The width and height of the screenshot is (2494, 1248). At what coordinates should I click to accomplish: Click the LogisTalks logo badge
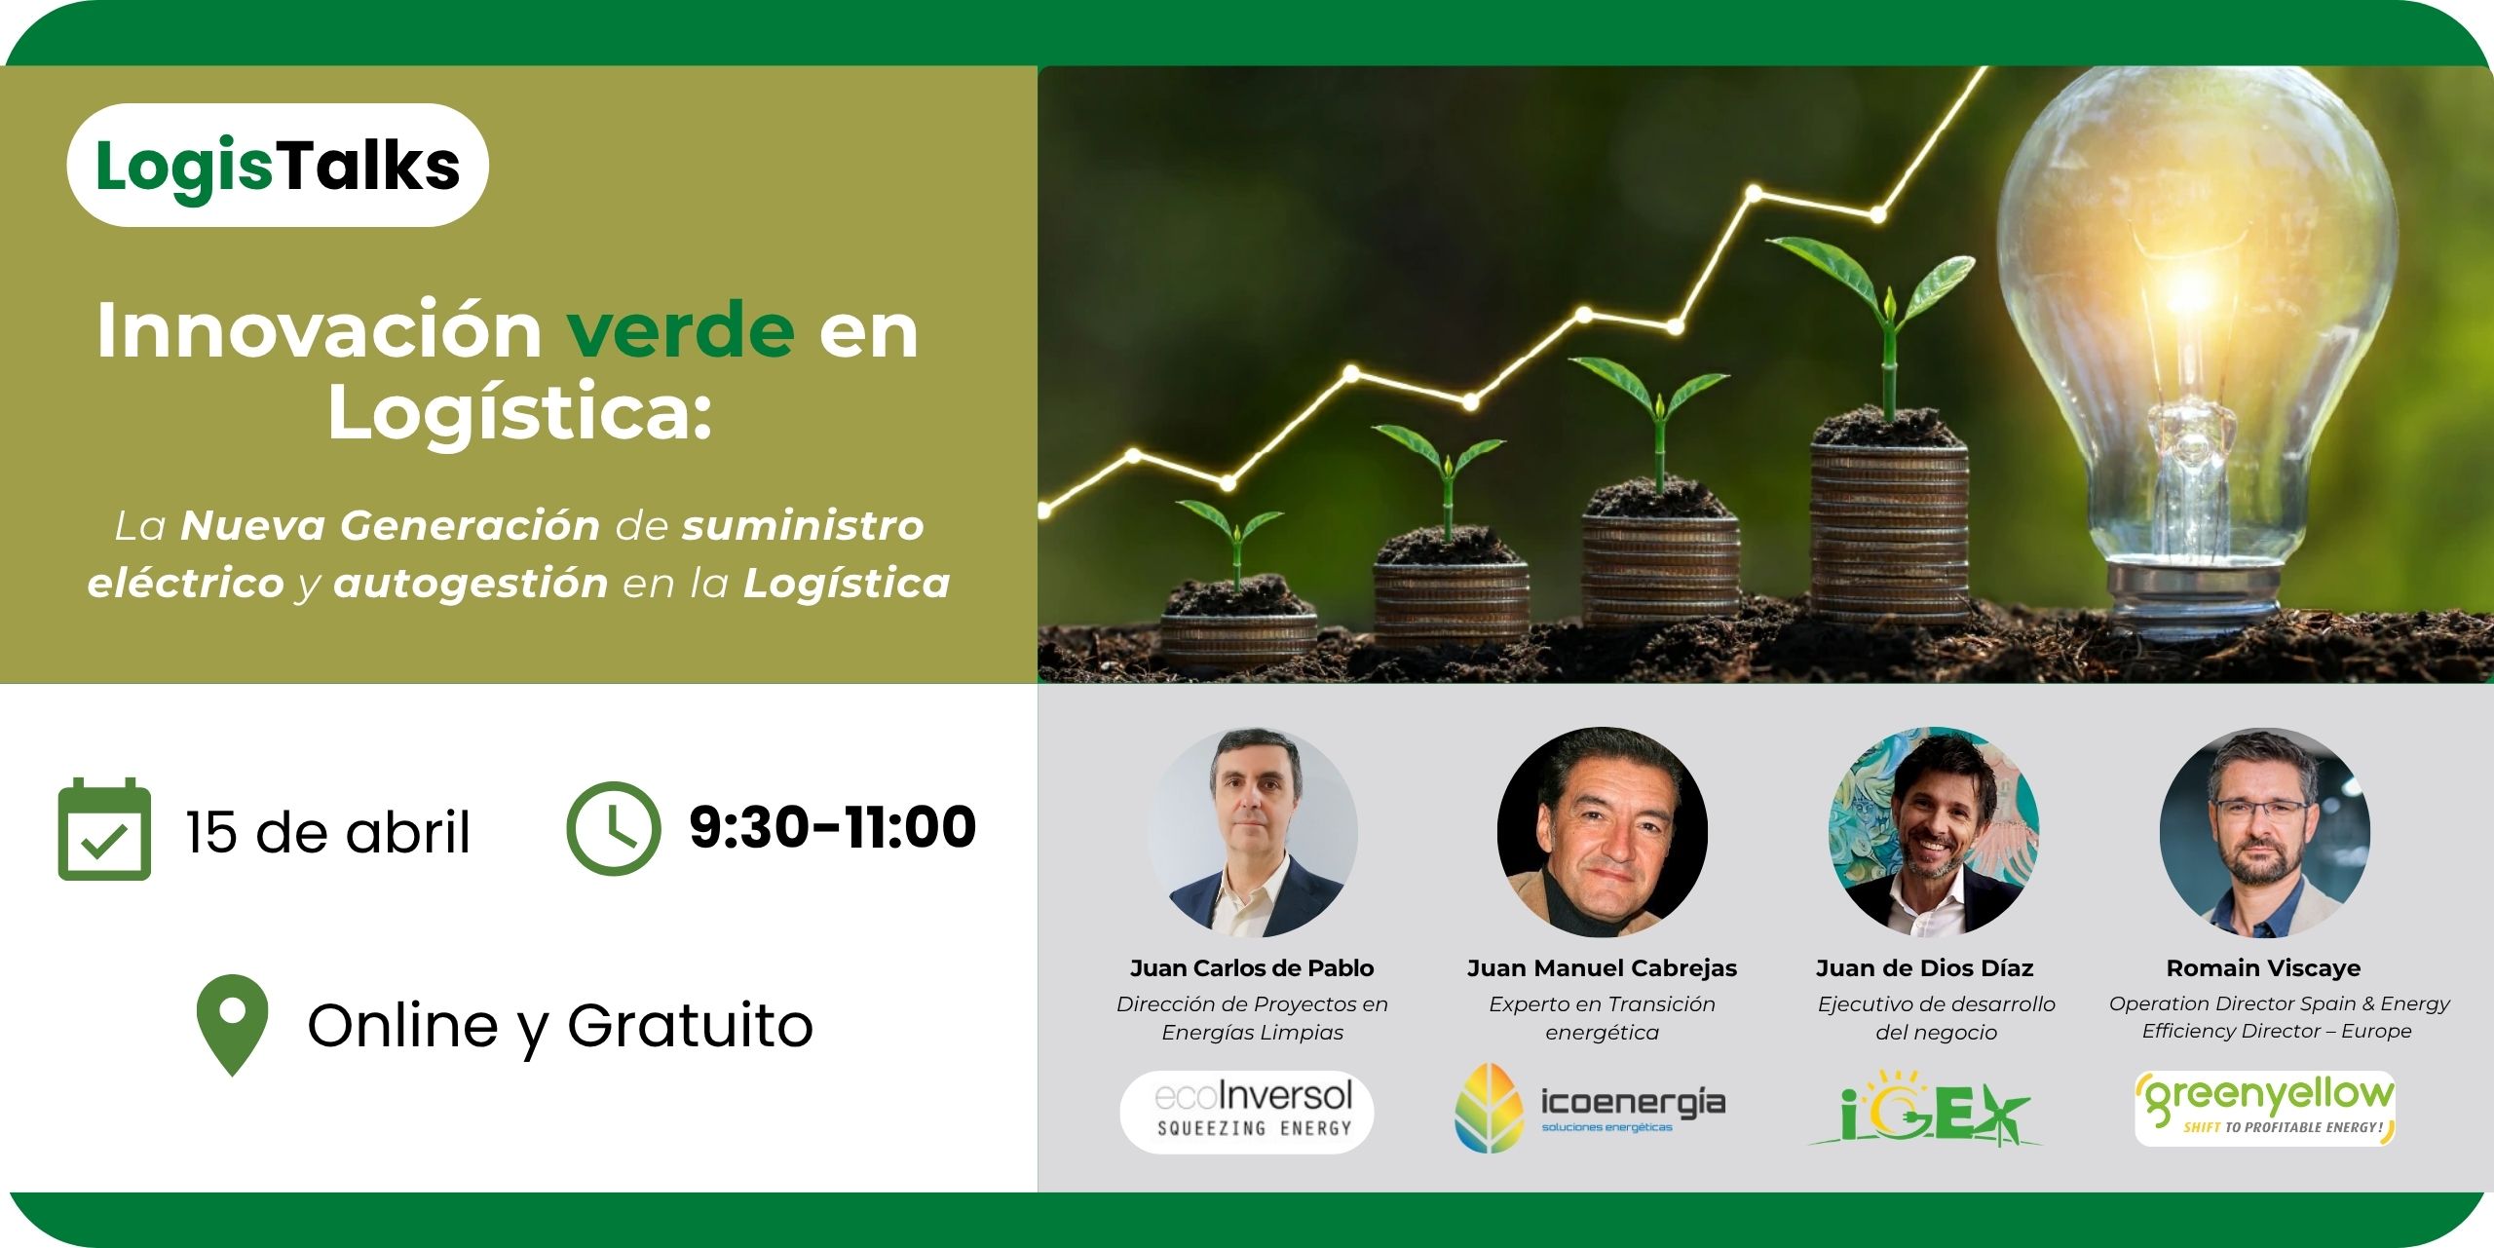[278, 166]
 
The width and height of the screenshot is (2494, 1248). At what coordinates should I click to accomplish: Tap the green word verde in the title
[680, 330]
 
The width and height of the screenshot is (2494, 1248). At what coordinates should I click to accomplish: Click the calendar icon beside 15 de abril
[104, 829]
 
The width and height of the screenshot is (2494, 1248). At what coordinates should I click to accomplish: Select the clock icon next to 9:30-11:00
[614, 829]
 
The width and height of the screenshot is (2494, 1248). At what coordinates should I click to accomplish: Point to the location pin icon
[232, 1025]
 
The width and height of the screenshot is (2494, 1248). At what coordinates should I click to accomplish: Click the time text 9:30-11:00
[832, 827]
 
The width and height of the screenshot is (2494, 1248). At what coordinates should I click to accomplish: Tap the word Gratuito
[690, 1026]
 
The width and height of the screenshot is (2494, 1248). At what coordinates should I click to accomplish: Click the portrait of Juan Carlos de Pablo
[1253, 833]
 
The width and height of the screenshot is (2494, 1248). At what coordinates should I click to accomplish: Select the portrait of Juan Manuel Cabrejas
[1603, 833]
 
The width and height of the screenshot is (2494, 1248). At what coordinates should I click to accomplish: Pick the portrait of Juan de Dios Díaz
[1934, 833]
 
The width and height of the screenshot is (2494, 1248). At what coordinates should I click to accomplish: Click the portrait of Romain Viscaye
[2265, 833]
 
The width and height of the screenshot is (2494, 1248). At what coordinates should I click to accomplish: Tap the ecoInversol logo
[1247, 1112]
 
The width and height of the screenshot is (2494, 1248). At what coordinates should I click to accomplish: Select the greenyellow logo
[2265, 1109]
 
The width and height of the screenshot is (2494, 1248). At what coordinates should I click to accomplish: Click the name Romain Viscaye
[2263, 968]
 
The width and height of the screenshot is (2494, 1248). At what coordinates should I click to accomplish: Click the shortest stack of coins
[1239, 633]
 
